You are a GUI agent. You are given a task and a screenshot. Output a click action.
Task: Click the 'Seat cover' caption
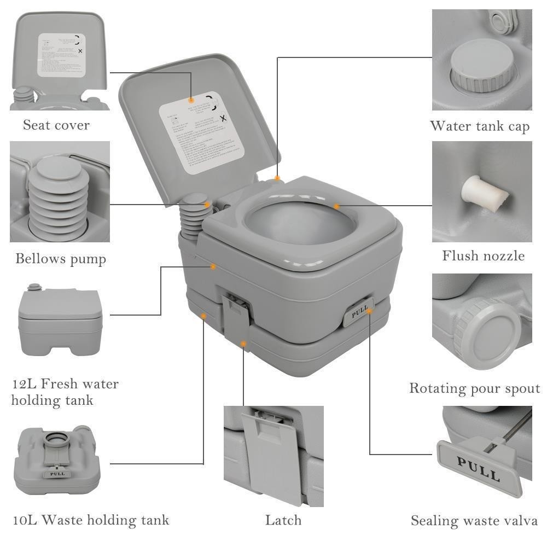pos(56,125)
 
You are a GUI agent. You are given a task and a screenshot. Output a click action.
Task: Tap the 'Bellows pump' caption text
pos(60,258)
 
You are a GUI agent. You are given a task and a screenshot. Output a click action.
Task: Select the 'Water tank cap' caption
pos(480,126)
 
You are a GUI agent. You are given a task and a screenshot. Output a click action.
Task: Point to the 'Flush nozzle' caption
pos(483,255)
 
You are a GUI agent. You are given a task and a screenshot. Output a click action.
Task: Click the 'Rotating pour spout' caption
pos(474,388)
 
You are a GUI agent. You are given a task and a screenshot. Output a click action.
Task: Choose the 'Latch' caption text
pos(283,520)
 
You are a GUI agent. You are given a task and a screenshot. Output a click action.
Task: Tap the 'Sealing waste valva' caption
pos(474,521)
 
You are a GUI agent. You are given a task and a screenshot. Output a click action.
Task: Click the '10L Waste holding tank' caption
pos(91,520)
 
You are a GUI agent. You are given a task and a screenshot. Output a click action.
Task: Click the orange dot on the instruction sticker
pos(191,100)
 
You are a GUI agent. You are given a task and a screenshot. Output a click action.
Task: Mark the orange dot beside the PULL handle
pos(370,311)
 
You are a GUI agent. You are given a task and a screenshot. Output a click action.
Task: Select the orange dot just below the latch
pos(243,344)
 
